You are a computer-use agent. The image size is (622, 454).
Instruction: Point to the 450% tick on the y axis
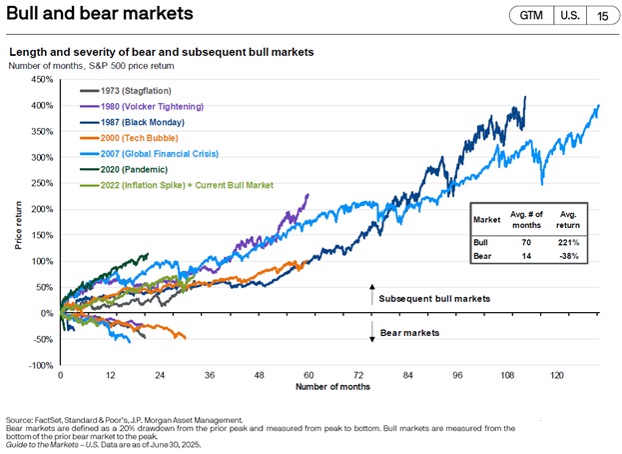point(42,79)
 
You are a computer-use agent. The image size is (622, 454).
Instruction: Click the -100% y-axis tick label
point(40,365)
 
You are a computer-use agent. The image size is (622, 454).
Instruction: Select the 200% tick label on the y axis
point(42,209)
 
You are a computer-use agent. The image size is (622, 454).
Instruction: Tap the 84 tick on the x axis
point(407,374)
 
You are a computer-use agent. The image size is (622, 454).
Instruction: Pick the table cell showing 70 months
point(524,241)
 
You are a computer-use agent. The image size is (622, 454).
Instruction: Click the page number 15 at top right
point(602,16)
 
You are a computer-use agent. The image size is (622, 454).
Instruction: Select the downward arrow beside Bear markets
point(372,332)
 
